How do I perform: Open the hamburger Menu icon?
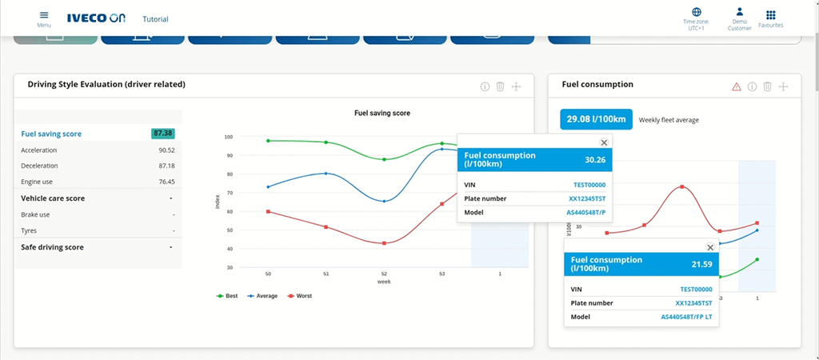coord(44,15)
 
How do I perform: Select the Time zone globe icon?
coord(696,13)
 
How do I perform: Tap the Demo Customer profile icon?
coord(739,13)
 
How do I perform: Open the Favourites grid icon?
coord(770,14)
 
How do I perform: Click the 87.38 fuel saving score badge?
coord(163,134)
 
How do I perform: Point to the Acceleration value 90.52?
coord(166,150)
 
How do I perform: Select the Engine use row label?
coord(38,182)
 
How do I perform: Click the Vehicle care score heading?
coord(53,198)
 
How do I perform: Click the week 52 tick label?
coord(384,274)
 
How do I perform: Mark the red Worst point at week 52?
coord(384,243)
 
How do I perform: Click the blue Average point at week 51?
coord(326,173)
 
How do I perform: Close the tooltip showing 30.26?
coord(604,142)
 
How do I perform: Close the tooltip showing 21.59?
coord(709,248)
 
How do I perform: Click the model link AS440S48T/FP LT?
coord(687,318)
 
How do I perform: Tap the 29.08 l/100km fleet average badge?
coord(596,119)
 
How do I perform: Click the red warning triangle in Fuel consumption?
coord(736,86)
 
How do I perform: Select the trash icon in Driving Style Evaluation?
coord(500,86)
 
